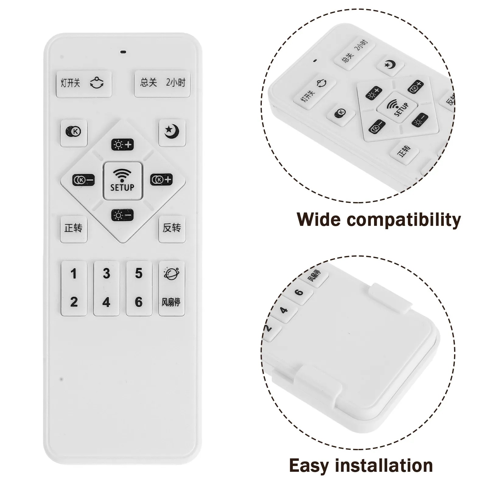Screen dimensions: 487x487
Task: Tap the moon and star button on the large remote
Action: tap(172, 133)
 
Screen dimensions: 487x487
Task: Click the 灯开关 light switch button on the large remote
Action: tap(84, 84)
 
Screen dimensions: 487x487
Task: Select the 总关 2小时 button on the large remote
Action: tap(162, 84)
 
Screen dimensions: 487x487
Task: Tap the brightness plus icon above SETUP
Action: tap(122, 145)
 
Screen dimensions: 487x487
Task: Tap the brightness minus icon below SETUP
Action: tap(122, 215)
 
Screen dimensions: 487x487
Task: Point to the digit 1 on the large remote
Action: tap(73, 274)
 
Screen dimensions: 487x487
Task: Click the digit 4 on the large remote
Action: tap(106, 302)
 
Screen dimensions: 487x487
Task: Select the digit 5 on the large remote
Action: tap(139, 273)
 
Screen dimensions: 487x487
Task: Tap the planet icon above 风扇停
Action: tap(172, 273)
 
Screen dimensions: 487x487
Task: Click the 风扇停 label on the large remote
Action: tap(171, 302)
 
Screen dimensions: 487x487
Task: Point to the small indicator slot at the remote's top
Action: tap(123, 52)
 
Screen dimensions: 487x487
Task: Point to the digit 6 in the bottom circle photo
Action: tap(300, 292)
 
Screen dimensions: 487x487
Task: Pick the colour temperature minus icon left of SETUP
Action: tap(83, 180)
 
